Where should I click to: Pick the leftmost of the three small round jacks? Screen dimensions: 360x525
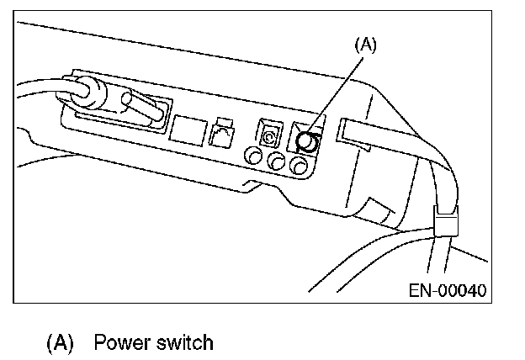point(252,156)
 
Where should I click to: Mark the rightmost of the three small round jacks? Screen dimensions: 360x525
point(295,167)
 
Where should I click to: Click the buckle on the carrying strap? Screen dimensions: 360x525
point(445,223)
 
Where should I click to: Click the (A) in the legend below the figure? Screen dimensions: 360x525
point(59,343)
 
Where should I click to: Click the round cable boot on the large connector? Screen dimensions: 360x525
point(85,92)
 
